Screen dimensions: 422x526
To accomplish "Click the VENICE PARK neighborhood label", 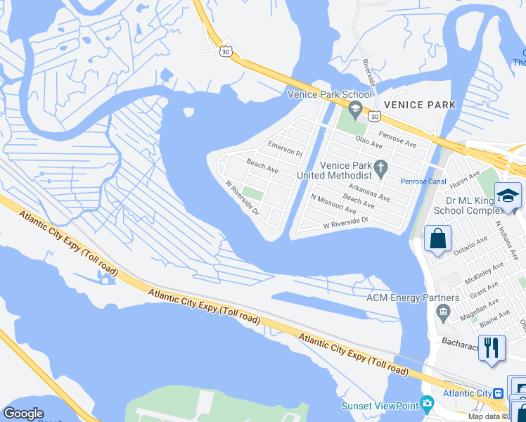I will (420, 105).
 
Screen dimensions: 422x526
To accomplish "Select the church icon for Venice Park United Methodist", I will (381, 167).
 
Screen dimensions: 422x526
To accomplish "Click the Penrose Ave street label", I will (397, 138).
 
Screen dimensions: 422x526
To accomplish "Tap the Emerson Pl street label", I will (284, 148).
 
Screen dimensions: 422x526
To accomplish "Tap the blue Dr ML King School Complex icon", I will (507, 196).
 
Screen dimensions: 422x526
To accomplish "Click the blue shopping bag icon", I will (437, 239).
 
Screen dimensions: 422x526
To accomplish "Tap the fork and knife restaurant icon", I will (491, 347).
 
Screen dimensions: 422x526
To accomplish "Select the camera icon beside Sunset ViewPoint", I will (426, 404).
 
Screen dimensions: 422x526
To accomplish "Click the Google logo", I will (23, 414).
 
